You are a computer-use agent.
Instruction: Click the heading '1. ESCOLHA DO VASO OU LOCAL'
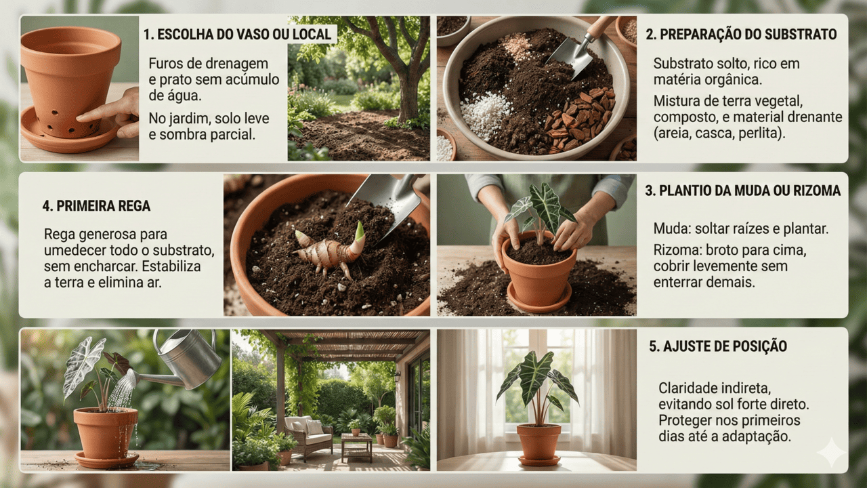pyautogui.click(x=237, y=35)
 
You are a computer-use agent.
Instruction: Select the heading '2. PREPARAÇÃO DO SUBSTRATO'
pyautogui.click(x=741, y=35)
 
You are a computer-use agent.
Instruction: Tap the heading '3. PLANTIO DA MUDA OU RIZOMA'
pyautogui.click(x=743, y=190)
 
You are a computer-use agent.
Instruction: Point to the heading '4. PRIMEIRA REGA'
pyautogui.click(x=96, y=206)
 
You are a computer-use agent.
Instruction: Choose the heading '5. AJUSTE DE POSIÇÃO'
pyautogui.click(x=718, y=346)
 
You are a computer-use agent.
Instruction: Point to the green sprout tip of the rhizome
pyautogui.click(x=360, y=232)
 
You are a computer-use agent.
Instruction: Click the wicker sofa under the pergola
pyautogui.click(x=308, y=436)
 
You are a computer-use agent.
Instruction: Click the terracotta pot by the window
pyautogui.click(x=538, y=445)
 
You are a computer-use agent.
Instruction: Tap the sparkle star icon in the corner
pyautogui.click(x=831, y=453)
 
